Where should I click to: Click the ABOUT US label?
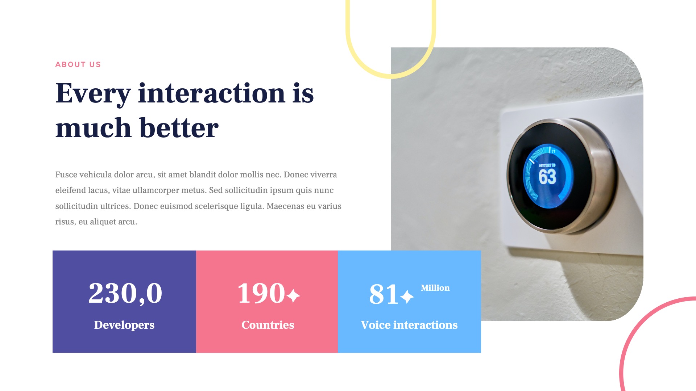point(78,65)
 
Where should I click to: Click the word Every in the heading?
point(93,93)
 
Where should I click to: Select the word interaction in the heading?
point(211,93)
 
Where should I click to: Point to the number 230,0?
point(125,293)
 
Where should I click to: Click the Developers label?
point(124,325)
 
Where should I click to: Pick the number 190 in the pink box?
point(261,293)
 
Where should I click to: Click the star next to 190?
point(293,295)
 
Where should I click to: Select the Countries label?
point(268,325)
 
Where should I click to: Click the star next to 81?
point(407,297)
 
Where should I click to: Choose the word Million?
point(435,288)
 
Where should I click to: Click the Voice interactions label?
point(409,325)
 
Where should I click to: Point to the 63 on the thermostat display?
point(547,177)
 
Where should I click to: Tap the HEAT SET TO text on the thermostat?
point(547,165)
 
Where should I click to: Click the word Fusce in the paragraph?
point(66,175)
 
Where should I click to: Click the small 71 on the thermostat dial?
point(554,151)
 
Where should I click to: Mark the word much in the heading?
point(93,128)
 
